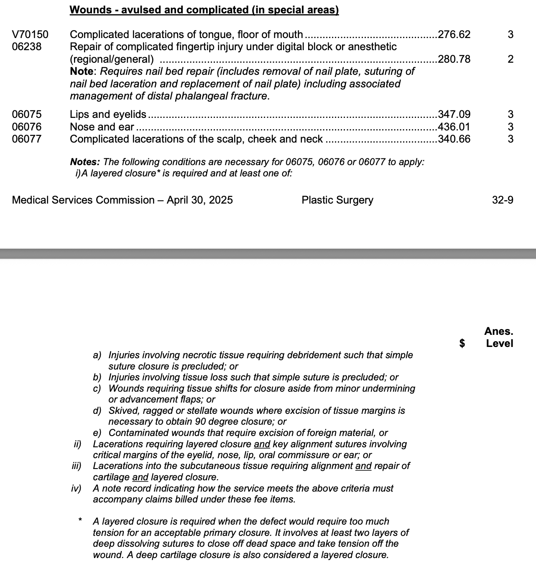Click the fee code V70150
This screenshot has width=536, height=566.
tap(30, 34)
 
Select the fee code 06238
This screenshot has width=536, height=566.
tap(27, 46)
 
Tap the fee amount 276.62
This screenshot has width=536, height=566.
tap(454, 34)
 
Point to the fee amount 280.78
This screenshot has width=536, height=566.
tap(454, 59)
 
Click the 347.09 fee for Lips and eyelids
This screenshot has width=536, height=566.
tap(454, 114)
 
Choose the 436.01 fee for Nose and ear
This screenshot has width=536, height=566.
tap(454, 127)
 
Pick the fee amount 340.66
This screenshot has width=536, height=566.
tap(454, 139)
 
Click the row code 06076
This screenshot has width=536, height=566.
tap(27, 127)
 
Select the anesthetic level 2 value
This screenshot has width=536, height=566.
tap(510, 59)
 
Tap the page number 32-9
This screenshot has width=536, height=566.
tap(503, 200)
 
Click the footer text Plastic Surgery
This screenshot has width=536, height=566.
tap(337, 200)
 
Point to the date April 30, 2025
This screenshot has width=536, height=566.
tap(199, 200)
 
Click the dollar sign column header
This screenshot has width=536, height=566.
tap(462, 343)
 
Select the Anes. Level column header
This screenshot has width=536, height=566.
tap(499, 337)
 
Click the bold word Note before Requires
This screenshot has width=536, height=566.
tap(82, 71)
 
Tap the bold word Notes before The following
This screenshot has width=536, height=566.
tap(84, 162)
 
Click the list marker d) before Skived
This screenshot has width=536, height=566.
tap(97, 410)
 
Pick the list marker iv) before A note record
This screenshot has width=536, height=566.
tap(77, 488)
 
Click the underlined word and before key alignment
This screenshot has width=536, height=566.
tap(262, 444)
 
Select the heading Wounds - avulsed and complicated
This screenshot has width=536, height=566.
tap(204, 10)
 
